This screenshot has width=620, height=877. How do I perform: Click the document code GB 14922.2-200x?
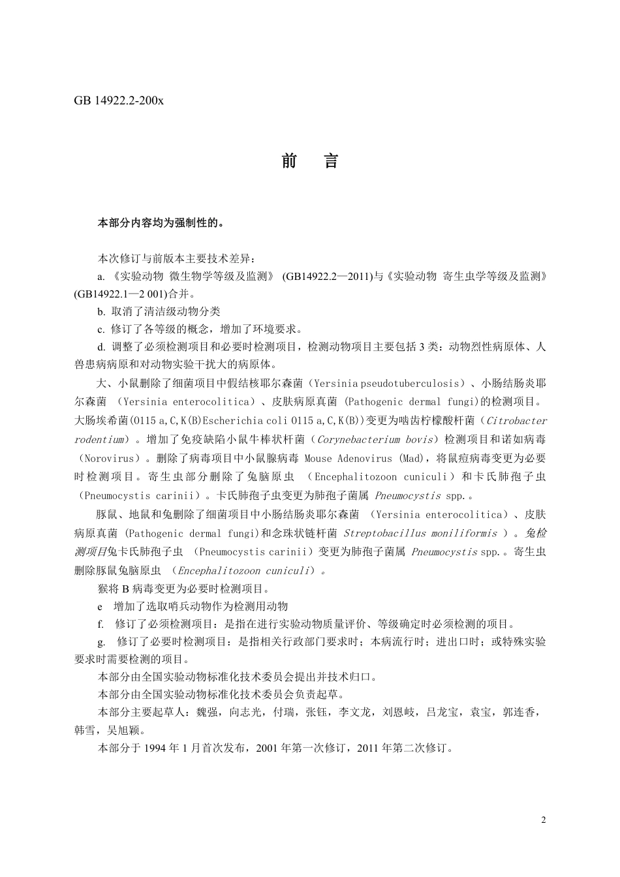tap(119, 101)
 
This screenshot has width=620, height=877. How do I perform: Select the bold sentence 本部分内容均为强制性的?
tap(161, 223)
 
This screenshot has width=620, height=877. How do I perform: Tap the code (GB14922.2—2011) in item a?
tap(322, 277)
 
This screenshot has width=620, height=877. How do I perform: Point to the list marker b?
tap(101, 312)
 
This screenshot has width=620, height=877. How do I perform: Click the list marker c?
tap(101, 330)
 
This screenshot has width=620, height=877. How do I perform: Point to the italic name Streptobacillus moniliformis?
tap(420, 534)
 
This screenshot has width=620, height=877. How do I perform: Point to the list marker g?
tap(101, 642)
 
